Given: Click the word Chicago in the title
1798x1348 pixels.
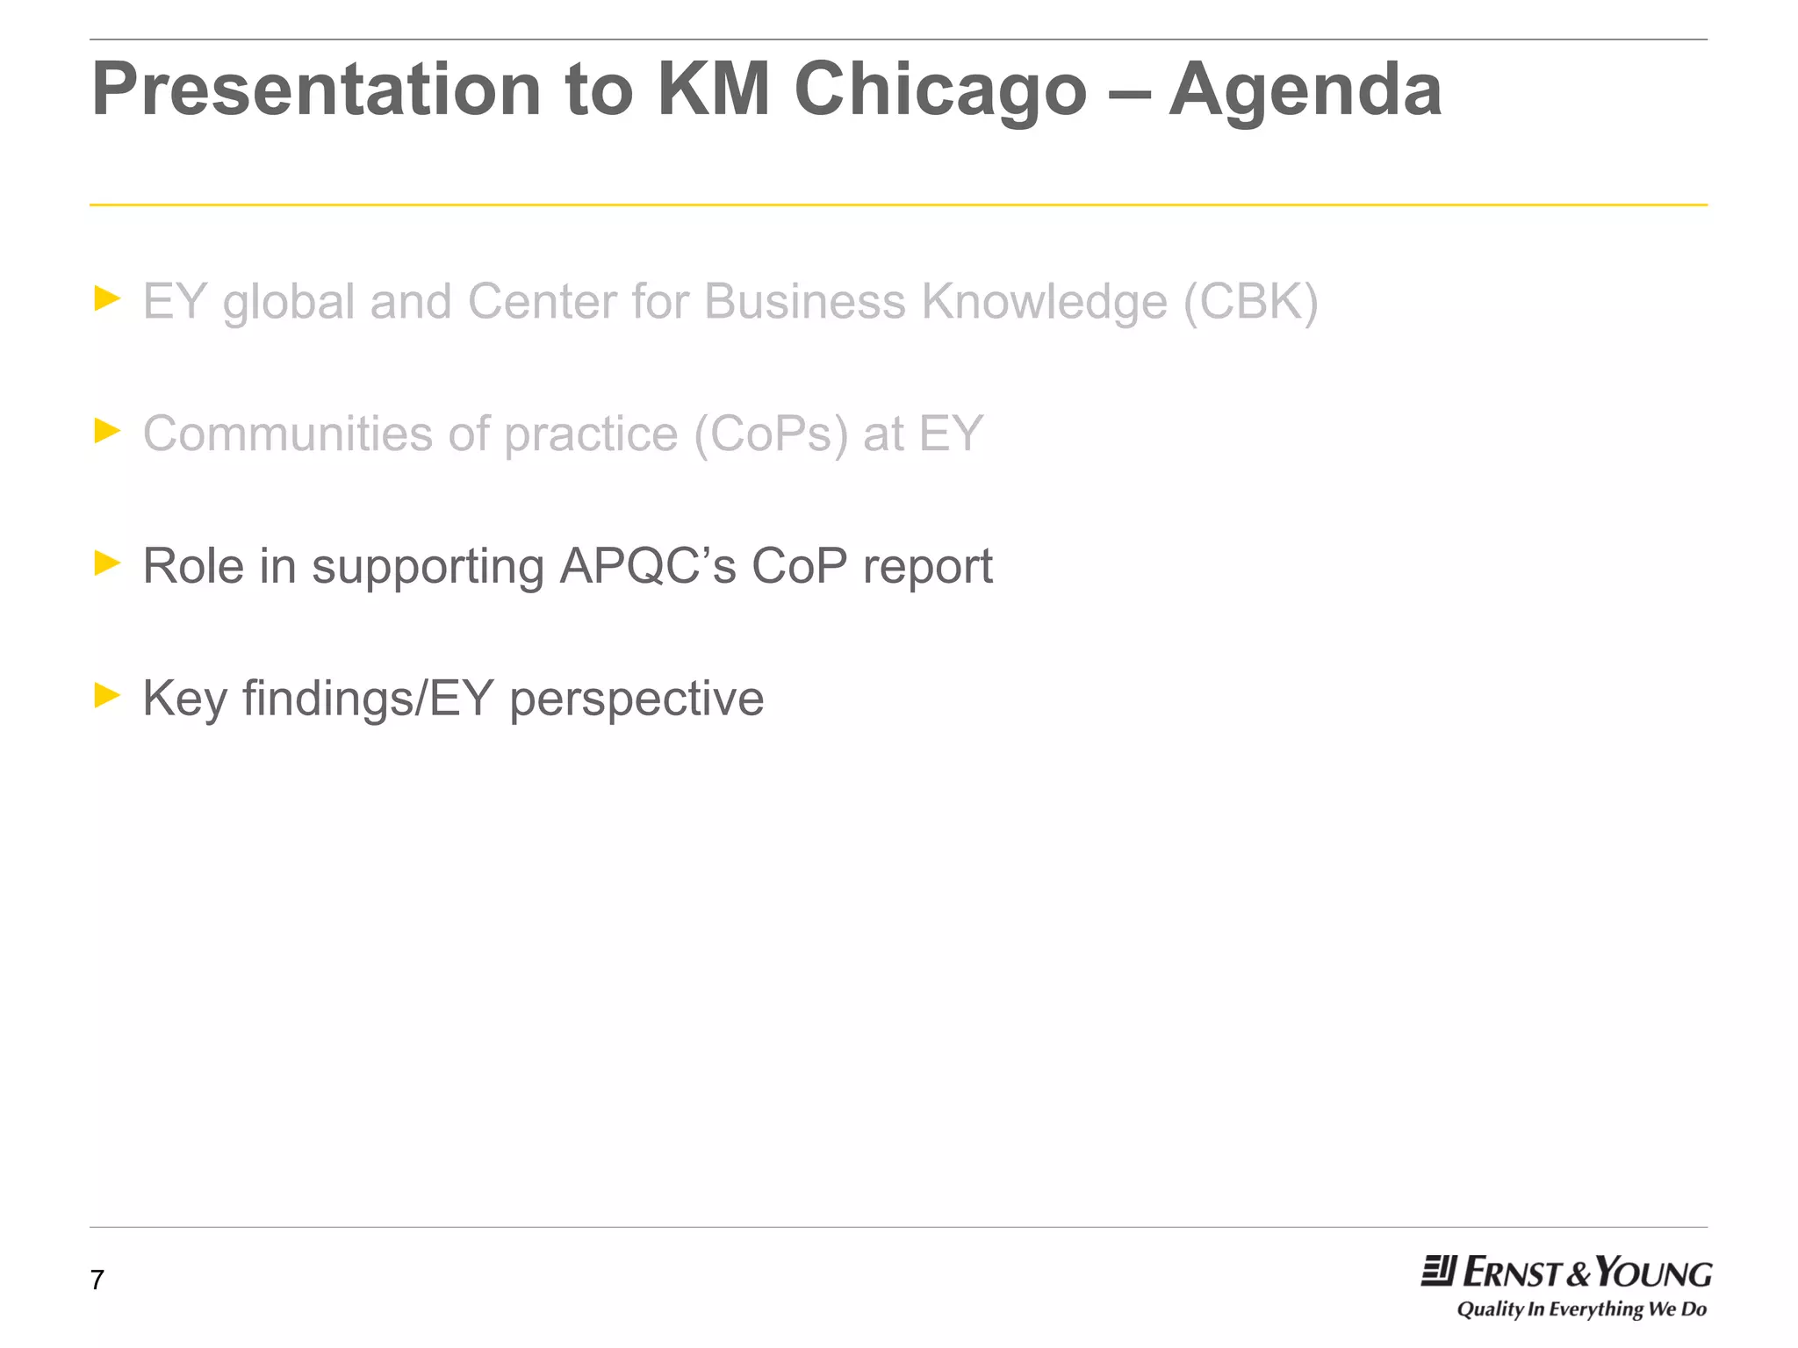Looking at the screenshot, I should pos(940,90).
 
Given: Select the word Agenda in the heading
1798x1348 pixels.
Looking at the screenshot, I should pos(1305,90).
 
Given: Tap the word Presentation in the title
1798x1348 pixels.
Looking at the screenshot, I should pos(316,90).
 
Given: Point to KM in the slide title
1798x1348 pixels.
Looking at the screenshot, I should pos(713,90).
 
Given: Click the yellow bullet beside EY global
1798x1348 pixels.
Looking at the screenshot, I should pos(107,298).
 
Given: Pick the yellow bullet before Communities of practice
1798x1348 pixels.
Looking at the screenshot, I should pos(107,431).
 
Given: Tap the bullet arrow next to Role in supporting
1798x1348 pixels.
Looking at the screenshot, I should pos(107,563).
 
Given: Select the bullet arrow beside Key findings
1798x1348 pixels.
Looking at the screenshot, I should pos(107,695).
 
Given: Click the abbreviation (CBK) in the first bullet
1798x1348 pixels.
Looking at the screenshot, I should pos(1250,303).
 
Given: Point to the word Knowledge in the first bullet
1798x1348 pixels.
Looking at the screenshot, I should pos(1044,303).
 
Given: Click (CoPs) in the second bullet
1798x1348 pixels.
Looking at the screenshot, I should pos(771,434).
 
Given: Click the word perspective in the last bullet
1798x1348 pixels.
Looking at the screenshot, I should pos(636,700).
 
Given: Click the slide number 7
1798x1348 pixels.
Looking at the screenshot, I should pos(97,1280).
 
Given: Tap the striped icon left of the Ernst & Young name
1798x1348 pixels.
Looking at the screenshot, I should pos(1438,1272).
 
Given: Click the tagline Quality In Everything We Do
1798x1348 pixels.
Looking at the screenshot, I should pos(1581,1309).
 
